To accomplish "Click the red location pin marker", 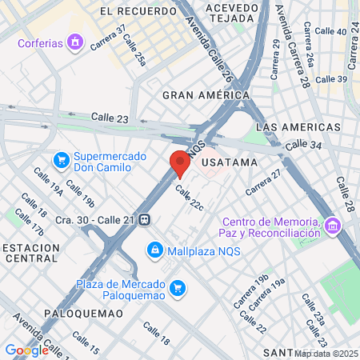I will click(x=179, y=163).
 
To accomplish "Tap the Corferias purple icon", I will click(x=76, y=41).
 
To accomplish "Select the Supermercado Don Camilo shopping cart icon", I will click(x=61, y=162).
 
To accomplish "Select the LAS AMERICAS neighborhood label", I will click(x=291, y=128).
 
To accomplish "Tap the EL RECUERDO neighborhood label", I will click(x=138, y=12).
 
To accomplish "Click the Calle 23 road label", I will click(x=110, y=118).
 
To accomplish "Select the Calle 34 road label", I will click(x=302, y=145).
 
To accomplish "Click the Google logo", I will click(x=26, y=350).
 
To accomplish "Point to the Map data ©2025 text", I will click(x=326, y=354).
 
